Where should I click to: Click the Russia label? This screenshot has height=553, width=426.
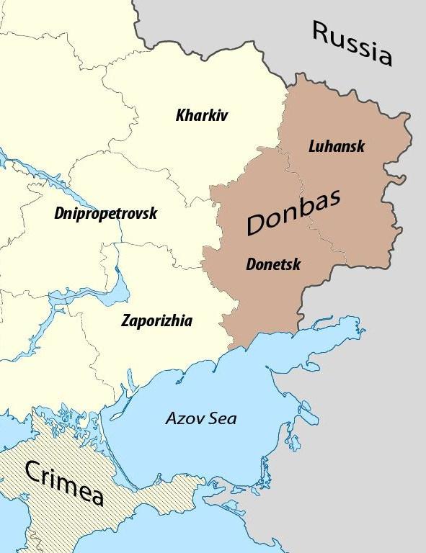(352, 43)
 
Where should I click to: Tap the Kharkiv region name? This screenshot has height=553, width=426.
(201, 114)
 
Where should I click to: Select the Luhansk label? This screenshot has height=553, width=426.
(336, 146)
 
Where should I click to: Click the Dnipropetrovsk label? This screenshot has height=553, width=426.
(105, 213)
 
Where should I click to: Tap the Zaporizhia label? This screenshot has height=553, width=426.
(156, 320)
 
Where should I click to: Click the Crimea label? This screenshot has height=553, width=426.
(64, 481)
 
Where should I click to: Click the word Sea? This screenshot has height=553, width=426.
(222, 418)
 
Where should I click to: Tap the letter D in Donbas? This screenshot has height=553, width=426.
(258, 225)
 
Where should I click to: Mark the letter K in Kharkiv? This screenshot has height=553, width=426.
(180, 114)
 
